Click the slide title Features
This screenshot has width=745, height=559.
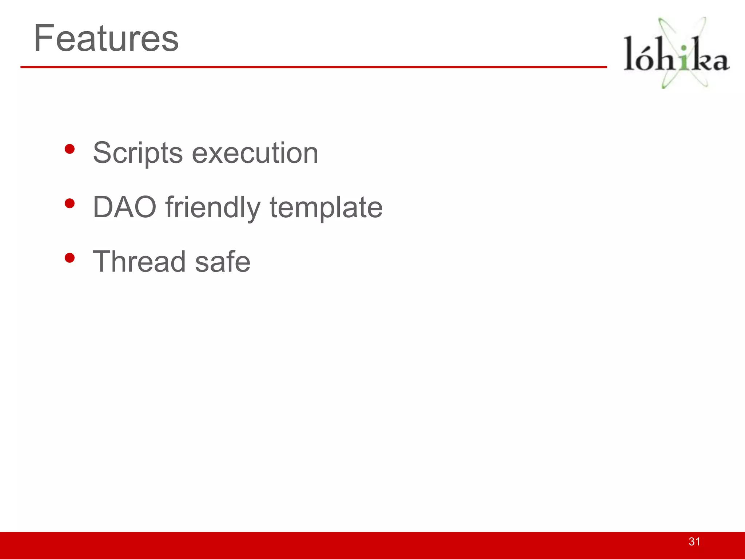tap(106, 38)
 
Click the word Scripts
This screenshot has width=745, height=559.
tap(138, 153)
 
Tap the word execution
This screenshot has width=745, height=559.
tap(255, 153)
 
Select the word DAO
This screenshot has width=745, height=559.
tap(124, 207)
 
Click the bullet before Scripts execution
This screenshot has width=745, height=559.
tap(69, 149)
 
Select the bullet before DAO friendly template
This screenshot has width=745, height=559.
tap(69, 204)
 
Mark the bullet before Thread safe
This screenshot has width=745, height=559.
tap(69, 258)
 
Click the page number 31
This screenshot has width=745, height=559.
tap(694, 542)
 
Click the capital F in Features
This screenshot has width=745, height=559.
tap(44, 38)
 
